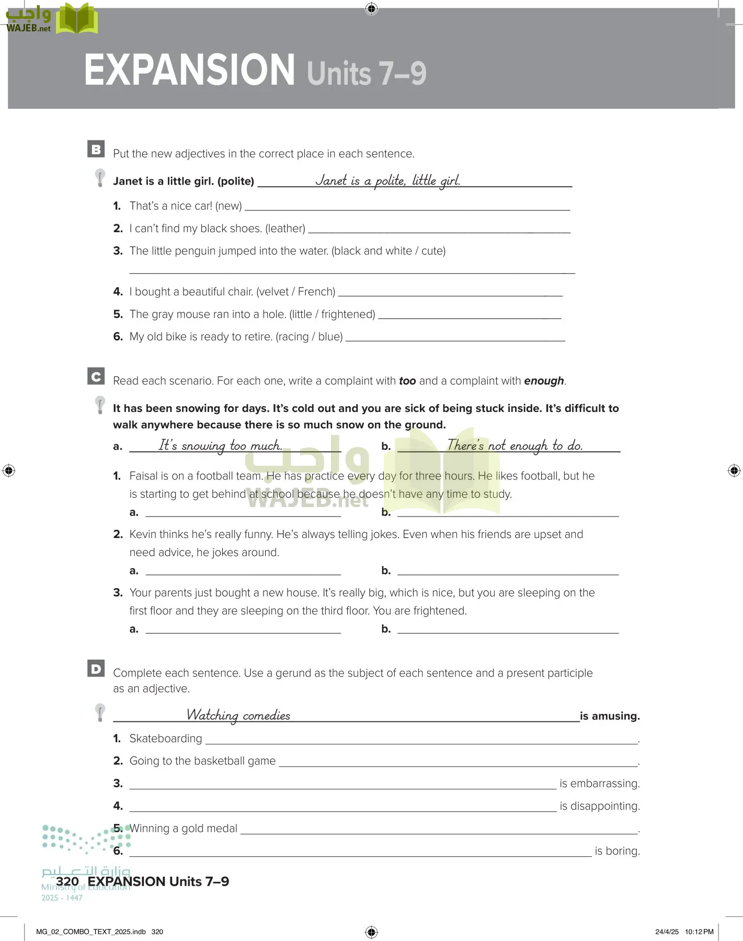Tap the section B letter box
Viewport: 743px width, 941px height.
point(96,149)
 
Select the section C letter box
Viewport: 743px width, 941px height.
point(96,376)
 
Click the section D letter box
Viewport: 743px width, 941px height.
point(96,668)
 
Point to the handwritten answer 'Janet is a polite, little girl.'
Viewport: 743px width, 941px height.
point(387,181)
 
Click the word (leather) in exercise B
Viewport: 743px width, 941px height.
point(285,228)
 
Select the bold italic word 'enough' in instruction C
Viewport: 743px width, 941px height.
point(544,381)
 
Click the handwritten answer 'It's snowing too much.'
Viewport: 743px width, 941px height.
point(220,446)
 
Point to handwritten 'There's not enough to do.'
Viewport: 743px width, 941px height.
point(515,446)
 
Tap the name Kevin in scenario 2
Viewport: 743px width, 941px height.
point(143,534)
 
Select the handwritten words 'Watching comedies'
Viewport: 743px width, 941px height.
point(238,715)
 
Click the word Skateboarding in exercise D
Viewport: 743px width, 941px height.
point(166,738)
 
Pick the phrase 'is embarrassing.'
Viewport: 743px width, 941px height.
point(599,783)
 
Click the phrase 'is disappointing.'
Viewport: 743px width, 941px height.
point(599,806)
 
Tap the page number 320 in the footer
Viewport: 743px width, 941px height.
point(67,881)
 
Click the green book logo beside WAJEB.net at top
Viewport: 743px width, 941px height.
point(77,19)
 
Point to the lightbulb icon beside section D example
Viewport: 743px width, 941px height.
point(100,712)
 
